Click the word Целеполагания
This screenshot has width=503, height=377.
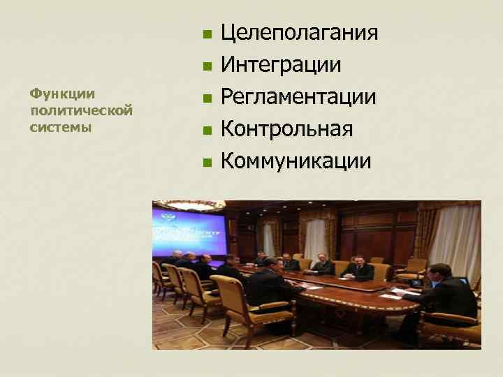300,34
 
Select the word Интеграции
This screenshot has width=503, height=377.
281,66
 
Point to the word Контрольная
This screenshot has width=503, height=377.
286,129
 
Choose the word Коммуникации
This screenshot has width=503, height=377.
296,161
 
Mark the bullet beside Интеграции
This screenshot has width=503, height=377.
206,67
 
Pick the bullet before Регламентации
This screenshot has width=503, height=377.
206,99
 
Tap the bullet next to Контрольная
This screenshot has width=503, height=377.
206,131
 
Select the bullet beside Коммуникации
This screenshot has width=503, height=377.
206,163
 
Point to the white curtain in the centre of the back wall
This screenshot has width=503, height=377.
316,237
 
